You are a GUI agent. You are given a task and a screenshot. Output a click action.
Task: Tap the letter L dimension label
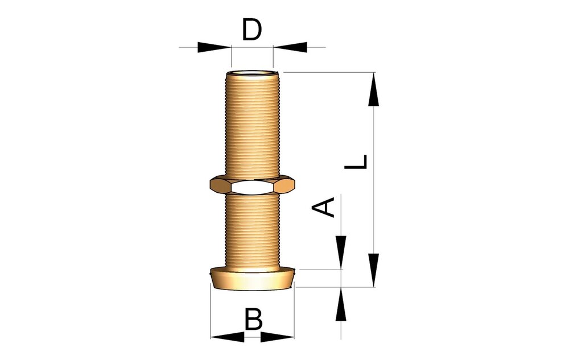tap(356, 162)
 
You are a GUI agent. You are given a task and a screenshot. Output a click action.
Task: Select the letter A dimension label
tap(323, 208)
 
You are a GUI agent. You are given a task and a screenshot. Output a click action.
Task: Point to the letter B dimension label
tap(253, 319)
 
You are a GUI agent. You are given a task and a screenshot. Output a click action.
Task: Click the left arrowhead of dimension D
tap(214, 47)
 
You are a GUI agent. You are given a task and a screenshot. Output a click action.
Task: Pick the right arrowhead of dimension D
tap(290, 47)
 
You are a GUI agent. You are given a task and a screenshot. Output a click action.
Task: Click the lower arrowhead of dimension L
tap(374, 270)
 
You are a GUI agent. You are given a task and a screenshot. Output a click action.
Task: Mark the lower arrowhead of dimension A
tap(341, 304)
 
